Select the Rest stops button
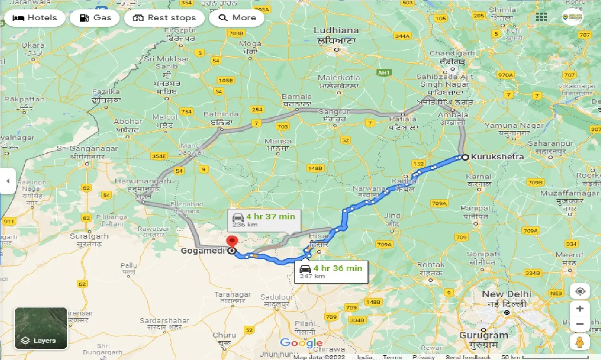pyautogui.click(x=164, y=18)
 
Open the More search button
pyautogui.click(x=237, y=18)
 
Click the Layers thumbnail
pyautogui.click(x=41, y=328)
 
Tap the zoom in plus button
pyautogui.click(x=580, y=309)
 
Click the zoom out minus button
pyautogui.click(x=580, y=324)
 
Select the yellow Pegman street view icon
pyautogui.click(x=580, y=342)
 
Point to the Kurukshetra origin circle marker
pyautogui.click(x=465, y=157)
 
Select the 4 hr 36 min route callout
pyautogui.click(x=331, y=271)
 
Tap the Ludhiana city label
pyautogui.click(x=336, y=30)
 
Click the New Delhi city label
pyautogui.click(x=507, y=294)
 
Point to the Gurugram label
pyautogui.click(x=484, y=335)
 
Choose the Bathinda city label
pyautogui.click(x=222, y=114)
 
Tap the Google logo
pyautogui.click(x=301, y=343)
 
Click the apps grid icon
pyautogui.click(x=541, y=17)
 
